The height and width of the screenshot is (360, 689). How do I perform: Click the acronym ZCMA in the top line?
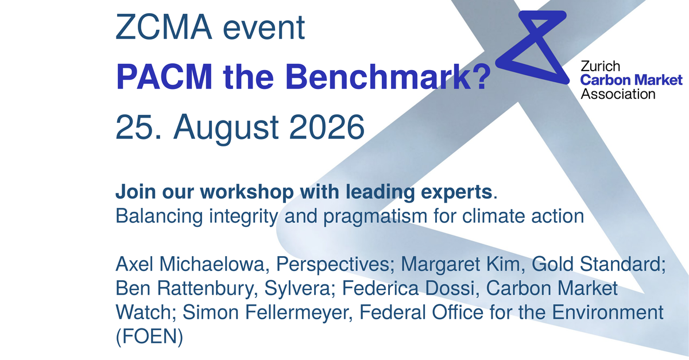click(x=164, y=28)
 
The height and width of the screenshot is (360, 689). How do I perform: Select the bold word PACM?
click(x=164, y=76)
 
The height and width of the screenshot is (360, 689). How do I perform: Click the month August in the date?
click(x=226, y=128)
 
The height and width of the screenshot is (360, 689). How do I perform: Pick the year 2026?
click(x=327, y=127)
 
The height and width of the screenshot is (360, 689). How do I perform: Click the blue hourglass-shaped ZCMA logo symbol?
click(x=533, y=47)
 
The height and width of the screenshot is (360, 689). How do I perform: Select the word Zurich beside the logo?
click(x=600, y=67)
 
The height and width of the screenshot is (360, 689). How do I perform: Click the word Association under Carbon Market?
click(x=618, y=94)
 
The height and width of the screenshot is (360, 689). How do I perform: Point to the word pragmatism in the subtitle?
click(x=376, y=216)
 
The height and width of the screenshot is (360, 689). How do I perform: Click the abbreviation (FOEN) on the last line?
click(x=149, y=337)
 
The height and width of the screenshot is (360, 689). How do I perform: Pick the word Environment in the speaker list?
click(x=607, y=312)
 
